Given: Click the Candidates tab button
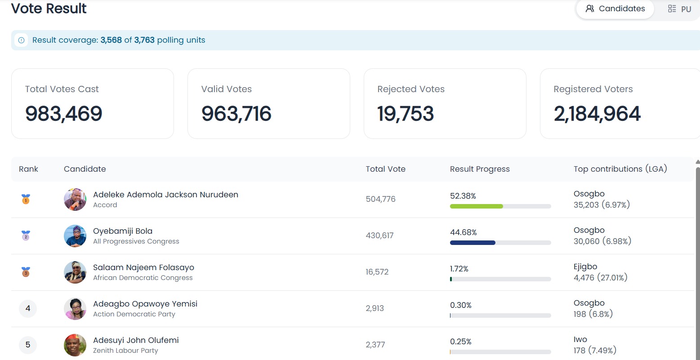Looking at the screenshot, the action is pyautogui.click(x=615, y=9).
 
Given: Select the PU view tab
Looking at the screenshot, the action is pyautogui.click(x=680, y=9).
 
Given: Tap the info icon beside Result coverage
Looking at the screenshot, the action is pyautogui.click(x=21, y=40).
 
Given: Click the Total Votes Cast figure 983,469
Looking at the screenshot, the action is pyautogui.click(x=64, y=113).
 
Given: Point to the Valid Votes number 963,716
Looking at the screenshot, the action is pyautogui.click(x=236, y=113).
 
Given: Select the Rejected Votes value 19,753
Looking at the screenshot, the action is pyautogui.click(x=406, y=113).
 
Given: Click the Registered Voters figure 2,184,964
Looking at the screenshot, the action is pyautogui.click(x=597, y=113).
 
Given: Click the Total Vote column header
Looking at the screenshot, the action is pyautogui.click(x=386, y=169).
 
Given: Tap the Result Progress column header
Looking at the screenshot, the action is pyautogui.click(x=480, y=169).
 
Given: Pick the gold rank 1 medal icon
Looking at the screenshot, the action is pyautogui.click(x=26, y=199).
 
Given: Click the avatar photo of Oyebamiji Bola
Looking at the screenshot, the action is pyautogui.click(x=75, y=236).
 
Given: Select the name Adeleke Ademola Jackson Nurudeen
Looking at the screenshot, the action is pyautogui.click(x=165, y=194).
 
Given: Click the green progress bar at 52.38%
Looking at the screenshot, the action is pyautogui.click(x=476, y=206).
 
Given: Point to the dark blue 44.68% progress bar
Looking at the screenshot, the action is pyautogui.click(x=473, y=243).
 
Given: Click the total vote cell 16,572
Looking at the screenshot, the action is pyautogui.click(x=377, y=272).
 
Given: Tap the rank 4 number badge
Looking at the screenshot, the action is pyautogui.click(x=28, y=308).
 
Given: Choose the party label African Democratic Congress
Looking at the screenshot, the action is pyautogui.click(x=143, y=278).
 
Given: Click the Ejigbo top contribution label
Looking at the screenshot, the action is pyautogui.click(x=585, y=267).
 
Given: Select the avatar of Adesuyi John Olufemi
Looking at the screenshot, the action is pyautogui.click(x=75, y=345).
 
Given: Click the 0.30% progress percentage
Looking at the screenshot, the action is pyautogui.click(x=461, y=305).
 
